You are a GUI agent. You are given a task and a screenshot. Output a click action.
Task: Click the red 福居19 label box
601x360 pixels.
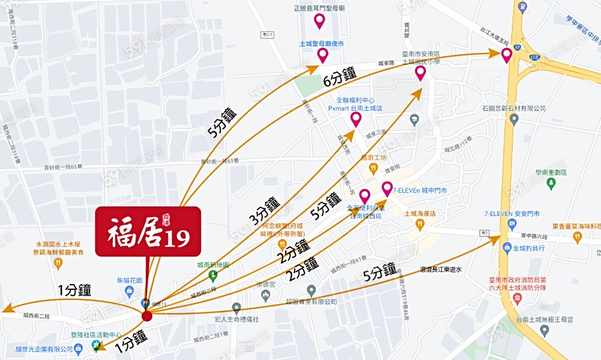coord(148,231)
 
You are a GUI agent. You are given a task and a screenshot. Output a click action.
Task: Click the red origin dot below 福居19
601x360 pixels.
coord(148,314)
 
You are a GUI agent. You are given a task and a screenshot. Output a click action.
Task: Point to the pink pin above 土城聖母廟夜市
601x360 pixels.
coord(323,55)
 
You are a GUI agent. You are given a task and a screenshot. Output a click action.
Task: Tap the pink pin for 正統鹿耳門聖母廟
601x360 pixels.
coord(319,21)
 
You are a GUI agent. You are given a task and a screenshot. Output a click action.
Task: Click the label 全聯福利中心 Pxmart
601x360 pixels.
coord(355,104)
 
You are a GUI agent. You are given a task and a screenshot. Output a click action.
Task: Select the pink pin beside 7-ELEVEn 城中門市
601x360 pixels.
coord(387,188)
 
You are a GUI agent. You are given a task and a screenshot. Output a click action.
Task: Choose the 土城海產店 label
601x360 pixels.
coord(419,214)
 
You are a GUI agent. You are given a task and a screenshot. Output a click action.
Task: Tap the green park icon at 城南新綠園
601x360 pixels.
coord(213,275)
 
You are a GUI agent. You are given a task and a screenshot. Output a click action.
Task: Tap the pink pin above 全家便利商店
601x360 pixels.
coord(365,196)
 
